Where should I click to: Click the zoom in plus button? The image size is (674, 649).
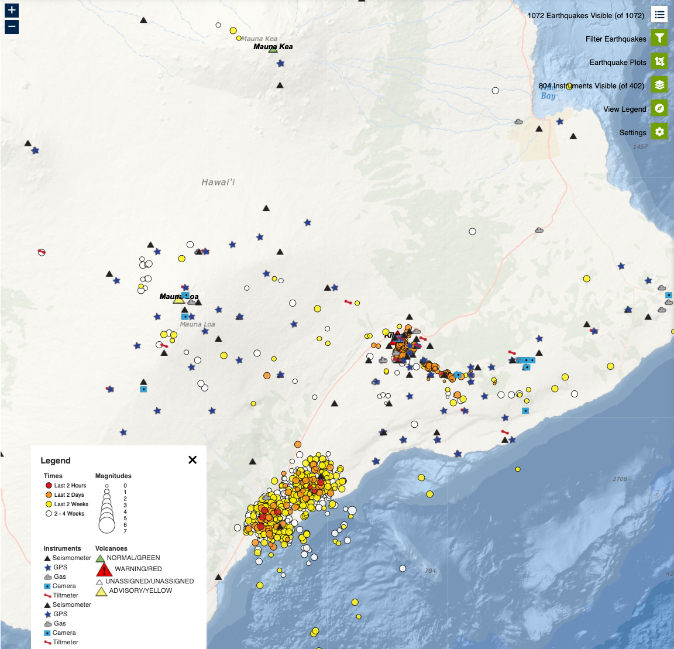click(x=12, y=10)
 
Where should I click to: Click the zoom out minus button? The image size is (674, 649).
click(x=12, y=27)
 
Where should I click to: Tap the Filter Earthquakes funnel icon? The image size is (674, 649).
click(x=659, y=39)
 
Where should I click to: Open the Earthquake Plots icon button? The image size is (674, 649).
click(x=659, y=62)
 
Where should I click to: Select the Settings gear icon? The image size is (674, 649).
click(x=659, y=132)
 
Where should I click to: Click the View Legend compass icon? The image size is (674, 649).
click(x=659, y=108)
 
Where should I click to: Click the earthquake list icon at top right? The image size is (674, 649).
click(x=659, y=15)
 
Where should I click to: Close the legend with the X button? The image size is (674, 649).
click(x=192, y=460)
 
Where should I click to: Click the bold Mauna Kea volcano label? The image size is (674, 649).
click(x=273, y=46)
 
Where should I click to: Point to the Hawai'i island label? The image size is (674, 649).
click(x=218, y=183)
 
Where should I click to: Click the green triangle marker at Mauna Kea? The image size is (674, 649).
click(x=273, y=50)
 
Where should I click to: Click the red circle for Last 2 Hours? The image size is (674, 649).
click(x=49, y=485)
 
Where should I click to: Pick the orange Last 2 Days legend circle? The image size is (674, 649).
click(x=49, y=495)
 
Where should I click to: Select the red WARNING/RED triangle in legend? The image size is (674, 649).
click(x=104, y=569)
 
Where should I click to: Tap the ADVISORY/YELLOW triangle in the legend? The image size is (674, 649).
click(x=101, y=591)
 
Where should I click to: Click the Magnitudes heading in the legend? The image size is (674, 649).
click(x=114, y=476)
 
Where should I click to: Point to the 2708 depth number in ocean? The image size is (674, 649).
click(x=620, y=479)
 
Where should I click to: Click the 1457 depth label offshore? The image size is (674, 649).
click(x=640, y=146)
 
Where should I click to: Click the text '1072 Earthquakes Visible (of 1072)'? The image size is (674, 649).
click(x=586, y=16)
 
